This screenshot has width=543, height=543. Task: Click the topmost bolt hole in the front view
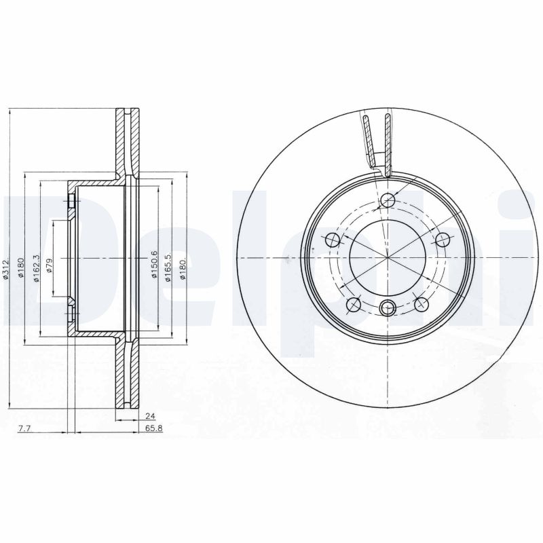pos(388,200)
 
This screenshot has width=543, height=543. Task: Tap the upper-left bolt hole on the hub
pos(333,240)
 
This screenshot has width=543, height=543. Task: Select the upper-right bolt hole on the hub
pos(442,240)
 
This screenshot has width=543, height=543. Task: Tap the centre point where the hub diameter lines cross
pos(388,259)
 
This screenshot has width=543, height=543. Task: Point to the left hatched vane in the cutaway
pos(368,139)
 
